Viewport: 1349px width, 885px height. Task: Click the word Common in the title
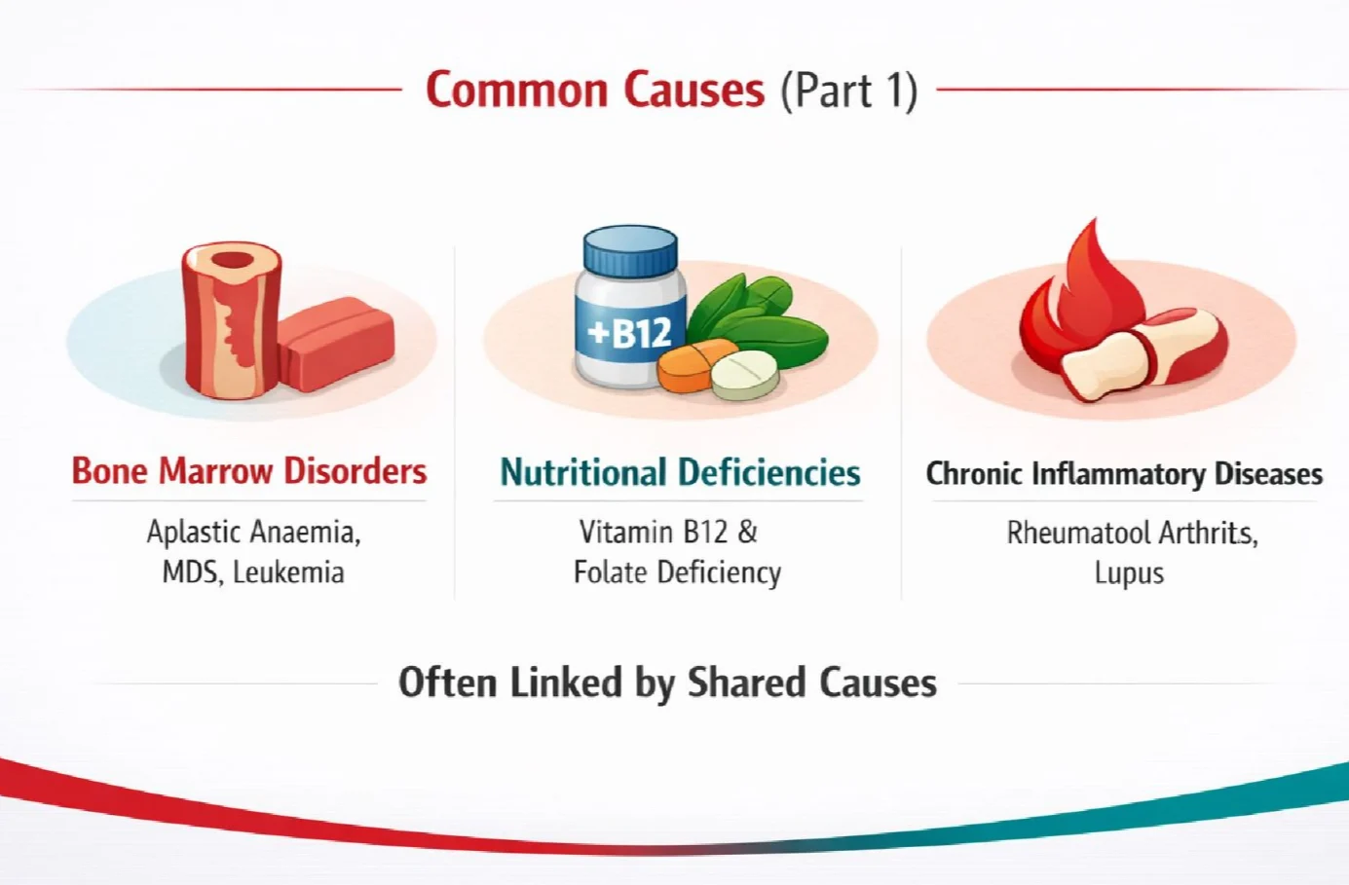(x=517, y=91)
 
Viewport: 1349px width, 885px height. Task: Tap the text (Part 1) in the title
(x=849, y=92)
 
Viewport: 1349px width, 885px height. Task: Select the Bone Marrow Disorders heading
(x=249, y=471)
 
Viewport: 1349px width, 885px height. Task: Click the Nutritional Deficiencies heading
(x=680, y=472)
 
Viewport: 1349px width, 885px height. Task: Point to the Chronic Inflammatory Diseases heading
(x=1124, y=474)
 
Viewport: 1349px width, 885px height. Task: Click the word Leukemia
(x=288, y=572)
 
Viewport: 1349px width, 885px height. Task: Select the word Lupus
(x=1129, y=573)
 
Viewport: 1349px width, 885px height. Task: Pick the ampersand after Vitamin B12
(x=747, y=533)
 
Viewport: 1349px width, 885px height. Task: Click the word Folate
(x=611, y=572)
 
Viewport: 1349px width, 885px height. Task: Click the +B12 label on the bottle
(x=630, y=332)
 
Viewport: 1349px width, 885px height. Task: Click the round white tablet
(x=745, y=375)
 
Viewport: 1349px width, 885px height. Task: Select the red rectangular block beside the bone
(x=337, y=344)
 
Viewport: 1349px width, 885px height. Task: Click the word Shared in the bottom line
(x=747, y=683)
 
